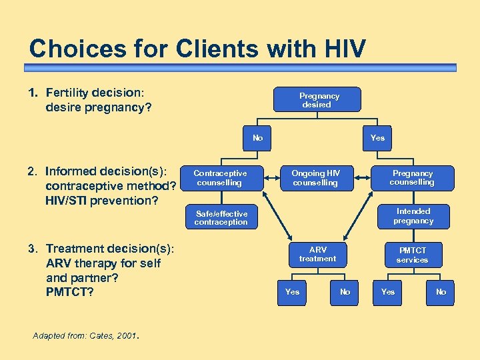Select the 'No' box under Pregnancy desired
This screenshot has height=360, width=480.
[x=257, y=138]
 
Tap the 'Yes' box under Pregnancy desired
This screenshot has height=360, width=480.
[x=377, y=138]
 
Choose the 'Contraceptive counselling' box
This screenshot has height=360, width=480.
[x=219, y=178]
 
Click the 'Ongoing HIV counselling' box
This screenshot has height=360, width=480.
[x=316, y=178]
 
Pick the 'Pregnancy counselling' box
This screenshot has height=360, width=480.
[x=412, y=178]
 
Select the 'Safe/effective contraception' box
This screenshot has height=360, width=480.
[x=221, y=217]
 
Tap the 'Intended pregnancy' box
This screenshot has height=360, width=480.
[x=413, y=216]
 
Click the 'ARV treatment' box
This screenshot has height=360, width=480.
[x=317, y=254]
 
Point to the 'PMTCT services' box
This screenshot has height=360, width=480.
[x=413, y=255]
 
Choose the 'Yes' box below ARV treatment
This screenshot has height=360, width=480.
[x=292, y=291]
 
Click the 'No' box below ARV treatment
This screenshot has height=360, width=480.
[x=345, y=291]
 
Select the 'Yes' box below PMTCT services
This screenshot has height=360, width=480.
[x=387, y=291]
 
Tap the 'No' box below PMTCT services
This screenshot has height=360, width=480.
[x=441, y=291]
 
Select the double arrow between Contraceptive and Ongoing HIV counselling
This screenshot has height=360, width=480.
[x=267, y=178]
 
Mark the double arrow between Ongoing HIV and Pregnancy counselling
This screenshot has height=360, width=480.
[x=364, y=178]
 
